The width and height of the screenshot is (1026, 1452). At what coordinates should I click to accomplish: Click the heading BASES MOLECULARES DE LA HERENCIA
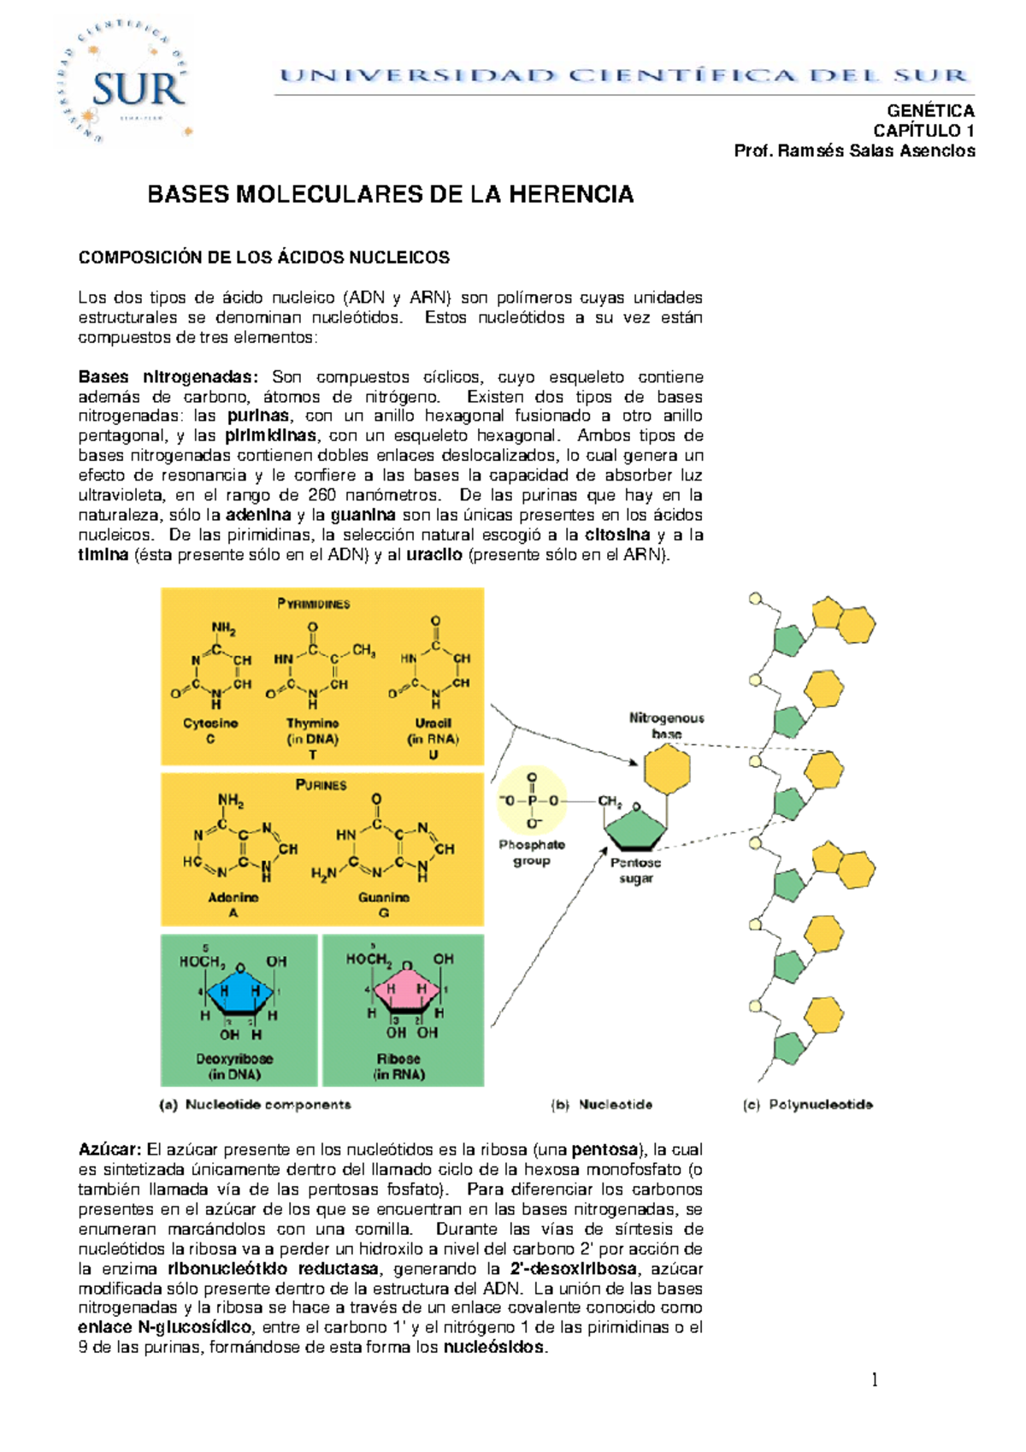[x=391, y=195]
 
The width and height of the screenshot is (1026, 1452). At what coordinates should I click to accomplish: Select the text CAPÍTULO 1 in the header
[x=923, y=131]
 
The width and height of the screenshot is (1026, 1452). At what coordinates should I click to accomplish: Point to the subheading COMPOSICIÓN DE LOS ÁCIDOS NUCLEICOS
[x=263, y=257]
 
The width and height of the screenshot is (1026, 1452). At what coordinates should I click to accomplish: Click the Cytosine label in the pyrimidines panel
[x=210, y=723]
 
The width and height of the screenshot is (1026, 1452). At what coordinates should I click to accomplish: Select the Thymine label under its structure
[x=312, y=723]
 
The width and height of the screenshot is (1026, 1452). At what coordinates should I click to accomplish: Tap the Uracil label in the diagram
[x=433, y=723]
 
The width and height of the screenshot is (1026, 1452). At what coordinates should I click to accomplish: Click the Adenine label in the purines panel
[x=233, y=898]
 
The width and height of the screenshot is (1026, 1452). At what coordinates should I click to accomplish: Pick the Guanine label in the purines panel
[x=384, y=898]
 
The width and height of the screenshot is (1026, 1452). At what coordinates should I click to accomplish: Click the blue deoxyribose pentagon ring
[x=240, y=994]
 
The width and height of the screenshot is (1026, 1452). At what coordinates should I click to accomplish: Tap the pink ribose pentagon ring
[x=406, y=992]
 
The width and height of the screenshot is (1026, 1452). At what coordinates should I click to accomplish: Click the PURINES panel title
[x=321, y=785]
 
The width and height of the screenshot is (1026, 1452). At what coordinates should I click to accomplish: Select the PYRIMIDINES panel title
[x=314, y=604]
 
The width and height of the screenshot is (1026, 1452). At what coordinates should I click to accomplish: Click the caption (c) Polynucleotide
[x=808, y=1105]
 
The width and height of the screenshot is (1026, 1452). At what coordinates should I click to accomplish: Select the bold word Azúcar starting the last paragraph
[x=109, y=1150]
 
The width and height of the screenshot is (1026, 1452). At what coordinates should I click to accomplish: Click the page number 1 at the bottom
[x=875, y=1378]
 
